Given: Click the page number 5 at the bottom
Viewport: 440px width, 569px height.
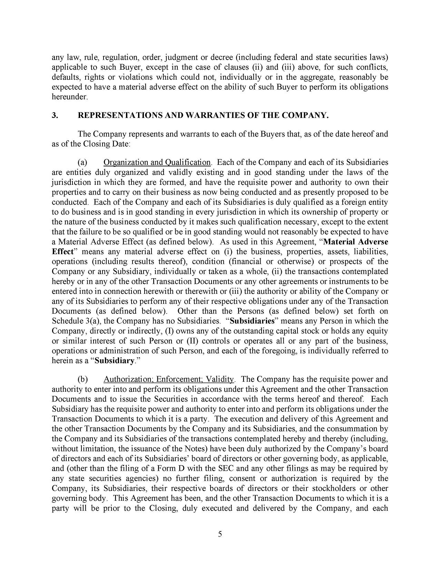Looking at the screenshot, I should pos(220,535).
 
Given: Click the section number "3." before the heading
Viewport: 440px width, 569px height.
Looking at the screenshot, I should pos(55,116).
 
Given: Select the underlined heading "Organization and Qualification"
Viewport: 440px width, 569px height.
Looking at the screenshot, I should pos(157,162).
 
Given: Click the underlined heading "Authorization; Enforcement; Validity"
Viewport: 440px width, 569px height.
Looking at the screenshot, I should pos(169,379).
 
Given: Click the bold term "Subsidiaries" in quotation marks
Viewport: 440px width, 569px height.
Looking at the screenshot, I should pos(252,321).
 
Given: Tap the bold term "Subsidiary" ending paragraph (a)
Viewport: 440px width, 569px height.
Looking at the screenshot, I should pos(114,361).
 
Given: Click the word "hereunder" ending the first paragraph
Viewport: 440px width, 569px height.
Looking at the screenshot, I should pos(69,97).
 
